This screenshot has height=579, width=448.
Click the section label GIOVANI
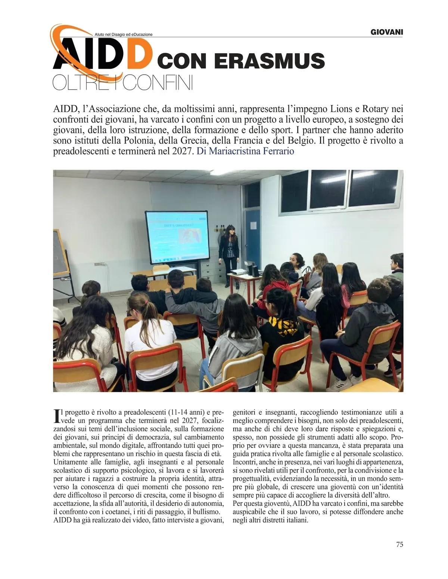(386, 32)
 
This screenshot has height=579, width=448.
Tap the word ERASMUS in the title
(270, 60)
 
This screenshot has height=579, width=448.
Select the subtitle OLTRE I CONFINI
(123, 84)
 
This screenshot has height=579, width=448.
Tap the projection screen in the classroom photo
(176, 236)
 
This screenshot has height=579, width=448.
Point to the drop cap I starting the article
(57, 416)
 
